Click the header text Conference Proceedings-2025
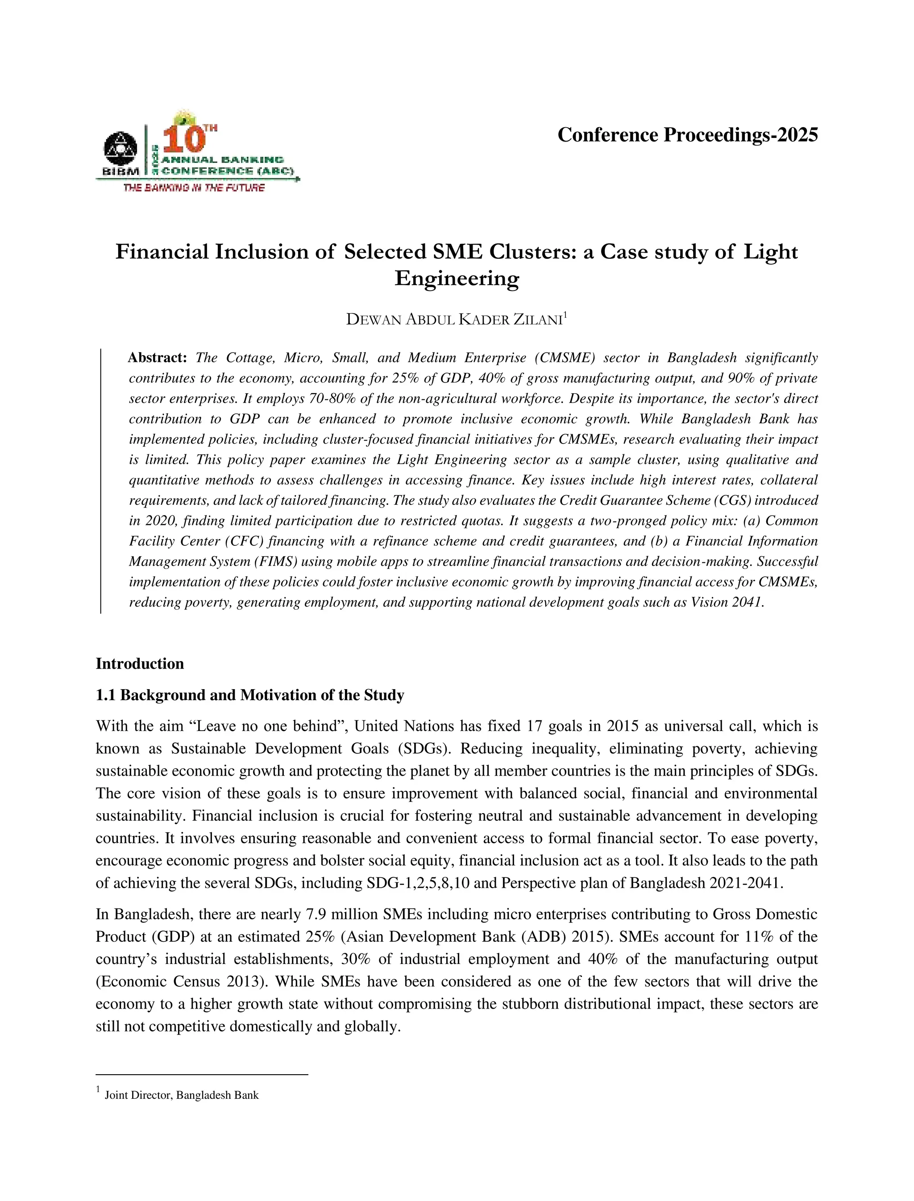pos(687,135)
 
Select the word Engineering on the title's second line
pos(457,278)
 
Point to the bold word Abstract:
pos(157,358)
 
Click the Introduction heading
pos(140,664)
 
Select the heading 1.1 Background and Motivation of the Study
pos(250,695)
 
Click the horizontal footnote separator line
pos(201,1075)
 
